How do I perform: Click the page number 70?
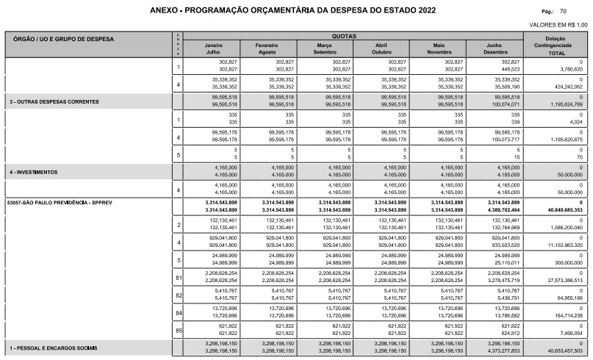pyautogui.click(x=563, y=12)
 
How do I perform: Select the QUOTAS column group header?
pyautogui.click(x=356, y=35)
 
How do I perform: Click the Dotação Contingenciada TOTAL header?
pyautogui.click(x=561, y=45)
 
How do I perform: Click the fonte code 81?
pyautogui.click(x=178, y=276)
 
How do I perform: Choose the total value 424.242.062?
pyautogui.click(x=564, y=86)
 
